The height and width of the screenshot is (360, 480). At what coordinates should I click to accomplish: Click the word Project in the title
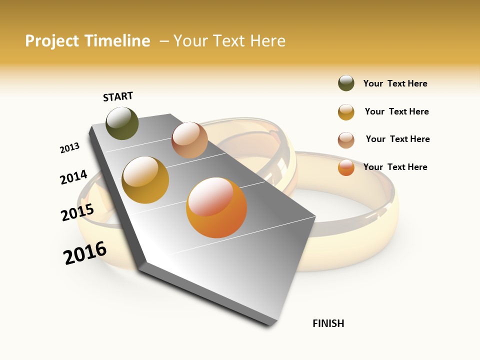pyautogui.click(x=51, y=41)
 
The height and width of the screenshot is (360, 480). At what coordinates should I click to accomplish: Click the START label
pyautogui.click(x=118, y=96)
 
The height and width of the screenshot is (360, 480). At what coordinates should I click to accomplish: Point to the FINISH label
pyautogui.click(x=328, y=323)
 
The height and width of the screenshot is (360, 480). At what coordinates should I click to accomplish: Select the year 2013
pyautogui.click(x=69, y=148)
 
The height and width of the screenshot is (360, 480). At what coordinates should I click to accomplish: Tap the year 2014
pyautogui.click(x=73, y=177)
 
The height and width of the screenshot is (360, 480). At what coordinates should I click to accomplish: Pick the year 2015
pyautogui.click(x=77, y=212)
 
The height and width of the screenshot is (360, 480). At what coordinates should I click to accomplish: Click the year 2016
pyautogui.click(x=85, y=253)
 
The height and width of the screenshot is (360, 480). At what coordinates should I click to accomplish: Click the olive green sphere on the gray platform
pyautogui.click(x=122, y=123)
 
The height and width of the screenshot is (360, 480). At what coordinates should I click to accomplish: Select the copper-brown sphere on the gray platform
pyautogui.click(x=189, y=140)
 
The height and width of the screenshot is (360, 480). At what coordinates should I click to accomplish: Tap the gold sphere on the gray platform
pyautogui.click(x=145, y=180)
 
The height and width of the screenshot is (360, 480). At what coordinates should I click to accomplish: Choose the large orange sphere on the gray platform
pyautogui.click(x=216, y=207)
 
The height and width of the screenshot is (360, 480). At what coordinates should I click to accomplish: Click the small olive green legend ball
pyautogui.click(x=346, y=83)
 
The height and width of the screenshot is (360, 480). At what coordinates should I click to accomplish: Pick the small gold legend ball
pyautogui.click(x=346, y=112)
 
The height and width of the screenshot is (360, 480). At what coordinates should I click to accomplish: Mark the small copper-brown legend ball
pyautogui.click(x=346, y=140)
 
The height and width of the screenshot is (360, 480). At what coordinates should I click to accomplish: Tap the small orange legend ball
pyautogui.click(x=346, y=167)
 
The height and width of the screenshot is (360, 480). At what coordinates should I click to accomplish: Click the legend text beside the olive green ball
pyautogui.click(x=395, y=83)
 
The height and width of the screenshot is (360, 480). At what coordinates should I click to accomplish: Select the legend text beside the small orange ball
pyautogui.click(x=395, y=167)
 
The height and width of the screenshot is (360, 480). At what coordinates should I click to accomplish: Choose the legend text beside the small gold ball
pyautogui.click(x=396, y=111)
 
